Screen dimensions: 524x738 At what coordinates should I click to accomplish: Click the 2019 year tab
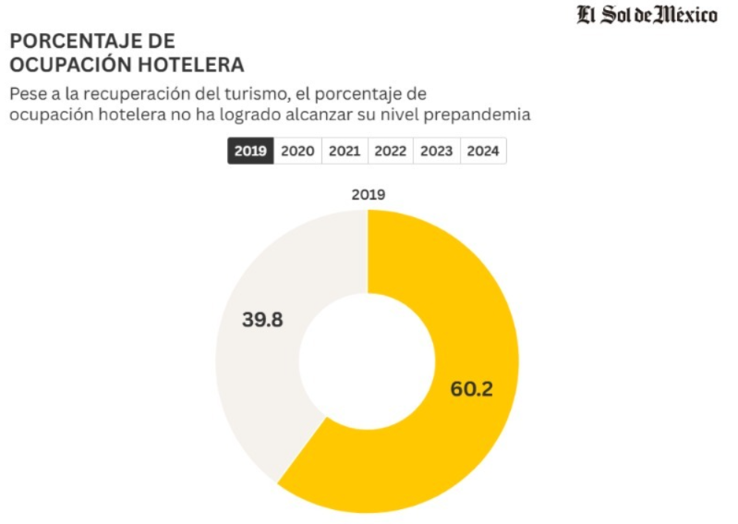[250, 152]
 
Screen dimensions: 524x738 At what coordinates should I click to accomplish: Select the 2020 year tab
[297, 152]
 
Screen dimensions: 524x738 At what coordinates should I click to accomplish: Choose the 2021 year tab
[345, 152]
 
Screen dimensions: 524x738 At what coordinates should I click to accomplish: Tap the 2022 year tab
[391, 152]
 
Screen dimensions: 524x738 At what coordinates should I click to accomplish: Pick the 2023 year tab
[437, 152]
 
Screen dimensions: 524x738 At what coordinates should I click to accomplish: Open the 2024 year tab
[483, 152]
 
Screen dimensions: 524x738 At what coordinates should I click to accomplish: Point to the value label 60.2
[471, 388]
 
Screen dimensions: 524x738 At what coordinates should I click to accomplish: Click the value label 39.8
[262, 321]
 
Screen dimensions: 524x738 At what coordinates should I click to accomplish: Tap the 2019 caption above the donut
[368, 195]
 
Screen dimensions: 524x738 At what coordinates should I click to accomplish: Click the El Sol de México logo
[647, 16]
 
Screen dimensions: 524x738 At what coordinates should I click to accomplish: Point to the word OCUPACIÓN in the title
[73, 66]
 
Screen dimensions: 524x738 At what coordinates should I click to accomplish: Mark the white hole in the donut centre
[368, 360]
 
